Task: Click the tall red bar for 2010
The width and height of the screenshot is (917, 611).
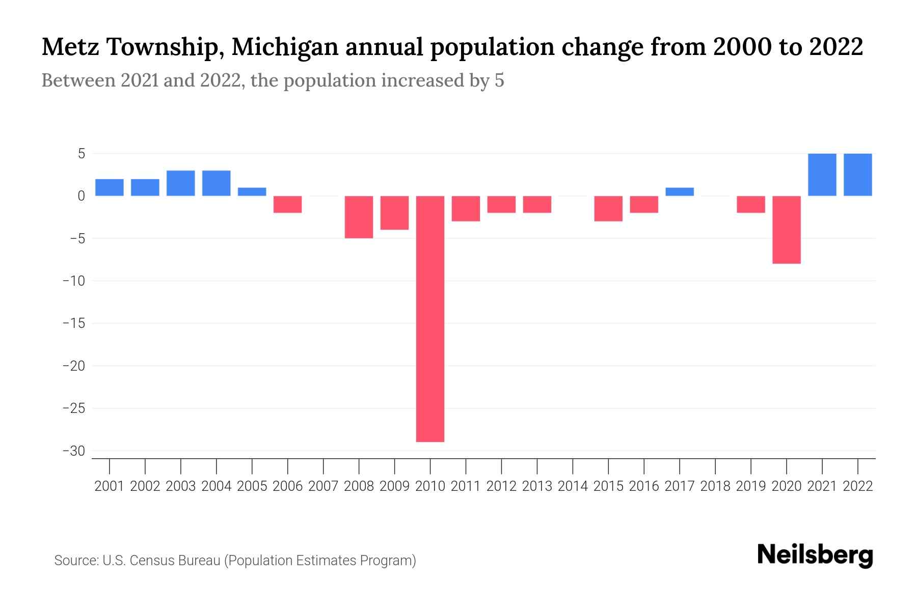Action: click(430, 319)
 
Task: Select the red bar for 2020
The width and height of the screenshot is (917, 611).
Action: click(786, 230)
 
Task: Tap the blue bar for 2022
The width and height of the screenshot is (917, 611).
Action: click(857, 175)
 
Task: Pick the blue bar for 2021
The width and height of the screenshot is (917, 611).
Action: click(822, 175)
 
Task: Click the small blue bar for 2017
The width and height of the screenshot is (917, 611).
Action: click(679, 192)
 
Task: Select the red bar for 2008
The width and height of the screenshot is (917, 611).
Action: click(359, 217)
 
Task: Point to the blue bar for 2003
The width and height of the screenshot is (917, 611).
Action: click(181, 183)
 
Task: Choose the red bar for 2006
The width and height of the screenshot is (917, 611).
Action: click(287, 204)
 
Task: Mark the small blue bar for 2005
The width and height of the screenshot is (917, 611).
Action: click(252, 192)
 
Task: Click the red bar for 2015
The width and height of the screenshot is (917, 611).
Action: click(608, 208)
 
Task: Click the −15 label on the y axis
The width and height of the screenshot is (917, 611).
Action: click(73, 323)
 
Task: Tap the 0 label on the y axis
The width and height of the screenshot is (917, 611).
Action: click(81, 196)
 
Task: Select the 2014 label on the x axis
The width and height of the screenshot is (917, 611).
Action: click(572, 486)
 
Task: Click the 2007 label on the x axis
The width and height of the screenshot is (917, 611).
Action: click(323, 486)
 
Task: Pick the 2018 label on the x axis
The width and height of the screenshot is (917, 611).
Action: click(715, 486)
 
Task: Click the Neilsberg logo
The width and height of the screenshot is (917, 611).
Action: click(815, 555)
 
